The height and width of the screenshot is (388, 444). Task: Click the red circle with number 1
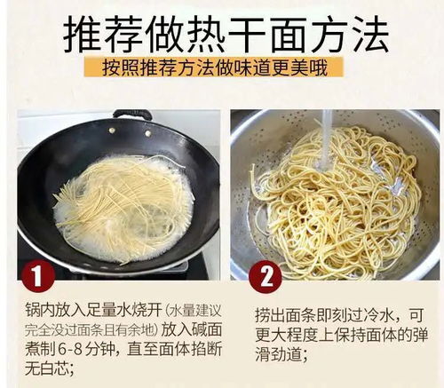36,276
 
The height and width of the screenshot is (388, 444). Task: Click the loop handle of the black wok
132,115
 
